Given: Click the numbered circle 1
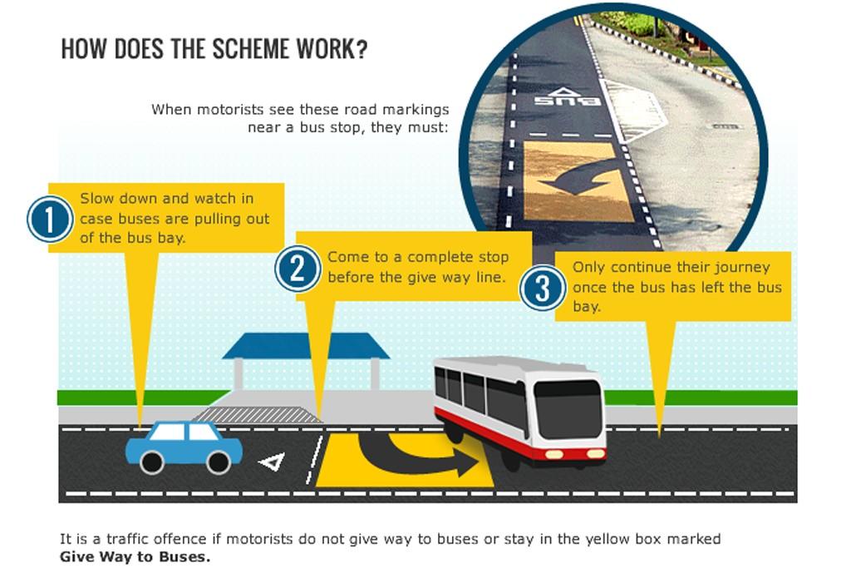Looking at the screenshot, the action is coord(50,220).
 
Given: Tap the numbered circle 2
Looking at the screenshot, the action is coord(297,269).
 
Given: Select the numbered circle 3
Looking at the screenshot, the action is coord(542,288).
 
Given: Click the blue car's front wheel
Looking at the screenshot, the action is coord(219,462).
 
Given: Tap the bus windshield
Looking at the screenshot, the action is coord(568,409).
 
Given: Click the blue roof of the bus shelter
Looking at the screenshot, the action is coord(306,346).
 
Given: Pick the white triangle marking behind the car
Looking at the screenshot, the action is coord(273,462).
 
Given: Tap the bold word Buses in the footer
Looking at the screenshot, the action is coord(184,556).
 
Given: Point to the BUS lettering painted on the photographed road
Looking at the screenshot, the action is coord(567,101).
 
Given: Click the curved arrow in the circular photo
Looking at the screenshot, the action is coord(581,179).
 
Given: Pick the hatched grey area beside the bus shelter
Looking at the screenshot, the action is coord(257,415).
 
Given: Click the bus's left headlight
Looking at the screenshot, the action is coord(554,454).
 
